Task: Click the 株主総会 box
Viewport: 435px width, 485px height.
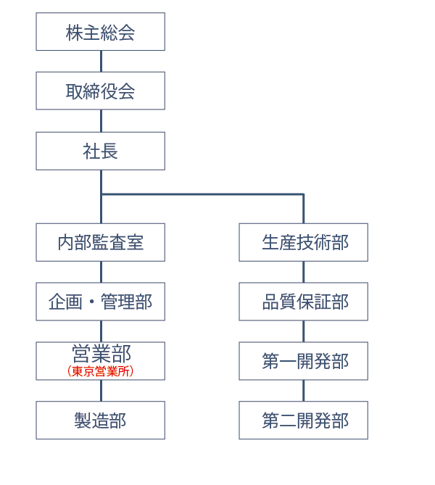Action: coord(101,32)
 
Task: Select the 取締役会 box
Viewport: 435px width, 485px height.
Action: coord(101,91)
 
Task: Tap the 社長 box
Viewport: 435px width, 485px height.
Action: coord(101,151)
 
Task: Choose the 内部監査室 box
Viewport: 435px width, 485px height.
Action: coord(101,242)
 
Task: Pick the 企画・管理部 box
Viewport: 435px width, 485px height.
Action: coord(101,302)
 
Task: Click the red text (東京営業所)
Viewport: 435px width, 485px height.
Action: coord(101,371)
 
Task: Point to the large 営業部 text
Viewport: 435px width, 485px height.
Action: coord(101,353)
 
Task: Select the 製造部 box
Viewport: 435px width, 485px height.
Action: coord(101,420)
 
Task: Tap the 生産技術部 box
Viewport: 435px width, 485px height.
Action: coord(304,242)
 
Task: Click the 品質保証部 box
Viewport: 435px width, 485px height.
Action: coord(304,302)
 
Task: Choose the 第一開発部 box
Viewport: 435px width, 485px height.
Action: coord(304,361)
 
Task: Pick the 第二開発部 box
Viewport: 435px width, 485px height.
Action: coord(304,420)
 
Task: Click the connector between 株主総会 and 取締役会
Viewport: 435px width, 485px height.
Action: coord(101,61)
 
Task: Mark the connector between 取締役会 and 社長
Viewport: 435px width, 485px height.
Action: coord(101,121)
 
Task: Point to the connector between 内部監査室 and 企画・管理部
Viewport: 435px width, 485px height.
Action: coord(101,272)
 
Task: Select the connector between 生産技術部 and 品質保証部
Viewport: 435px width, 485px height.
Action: coord(304,272)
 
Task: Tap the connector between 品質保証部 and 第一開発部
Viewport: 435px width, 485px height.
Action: coord(304,331)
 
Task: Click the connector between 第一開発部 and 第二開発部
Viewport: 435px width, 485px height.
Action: coord(304,391)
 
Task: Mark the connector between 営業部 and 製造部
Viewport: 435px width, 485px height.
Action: coord(101,391)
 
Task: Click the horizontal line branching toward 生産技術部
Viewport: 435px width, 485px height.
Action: coord(203,194)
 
